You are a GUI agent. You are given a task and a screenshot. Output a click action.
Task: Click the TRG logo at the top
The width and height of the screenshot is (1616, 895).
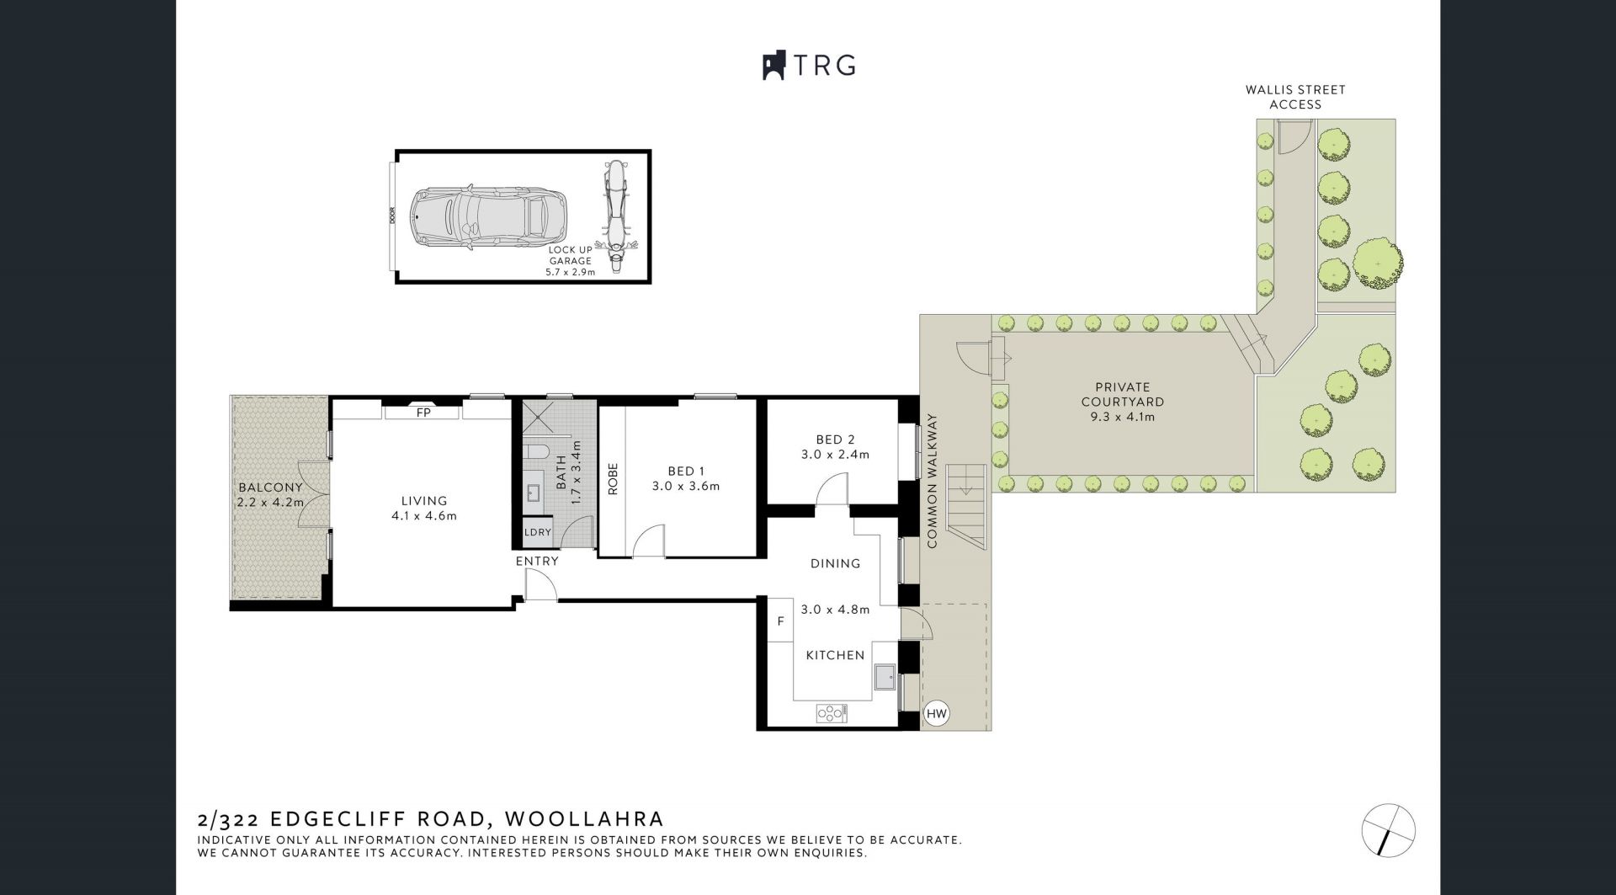coord(809,65)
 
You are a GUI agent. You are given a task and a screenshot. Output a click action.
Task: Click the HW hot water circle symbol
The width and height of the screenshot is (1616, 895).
coord(936,714)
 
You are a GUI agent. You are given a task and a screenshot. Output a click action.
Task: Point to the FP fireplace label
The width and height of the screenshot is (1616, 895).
coord(423,413)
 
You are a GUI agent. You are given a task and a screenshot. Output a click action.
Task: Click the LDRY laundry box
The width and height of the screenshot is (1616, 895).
coord(538,532)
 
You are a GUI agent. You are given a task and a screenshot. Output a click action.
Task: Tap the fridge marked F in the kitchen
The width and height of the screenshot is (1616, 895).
coord(781,621)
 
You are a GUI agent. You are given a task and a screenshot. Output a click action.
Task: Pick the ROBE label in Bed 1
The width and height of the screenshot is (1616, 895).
coord(613,478)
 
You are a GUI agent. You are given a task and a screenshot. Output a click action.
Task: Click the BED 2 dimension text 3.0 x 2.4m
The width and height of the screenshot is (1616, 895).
coord(835,455)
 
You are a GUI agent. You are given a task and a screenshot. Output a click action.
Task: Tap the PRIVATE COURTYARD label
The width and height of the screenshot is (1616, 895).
coord(1123,394)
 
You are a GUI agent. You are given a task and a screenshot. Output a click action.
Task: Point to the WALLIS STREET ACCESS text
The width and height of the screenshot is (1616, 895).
coord(1295,97)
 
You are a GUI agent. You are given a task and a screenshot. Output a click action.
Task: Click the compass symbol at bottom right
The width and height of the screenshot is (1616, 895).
coord(1389,829)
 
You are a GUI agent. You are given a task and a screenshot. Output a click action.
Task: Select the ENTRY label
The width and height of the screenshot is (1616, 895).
coord(537,561)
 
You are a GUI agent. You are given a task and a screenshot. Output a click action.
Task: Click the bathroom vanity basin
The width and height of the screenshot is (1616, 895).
coord(534,493)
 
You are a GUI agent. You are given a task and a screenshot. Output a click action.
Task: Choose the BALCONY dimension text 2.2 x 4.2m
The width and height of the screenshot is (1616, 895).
coord(270,503)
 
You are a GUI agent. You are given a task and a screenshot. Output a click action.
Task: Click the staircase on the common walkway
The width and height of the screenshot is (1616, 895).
coord(966,507)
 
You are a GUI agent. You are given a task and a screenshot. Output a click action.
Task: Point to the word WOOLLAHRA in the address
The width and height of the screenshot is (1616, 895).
coord(587,818)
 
